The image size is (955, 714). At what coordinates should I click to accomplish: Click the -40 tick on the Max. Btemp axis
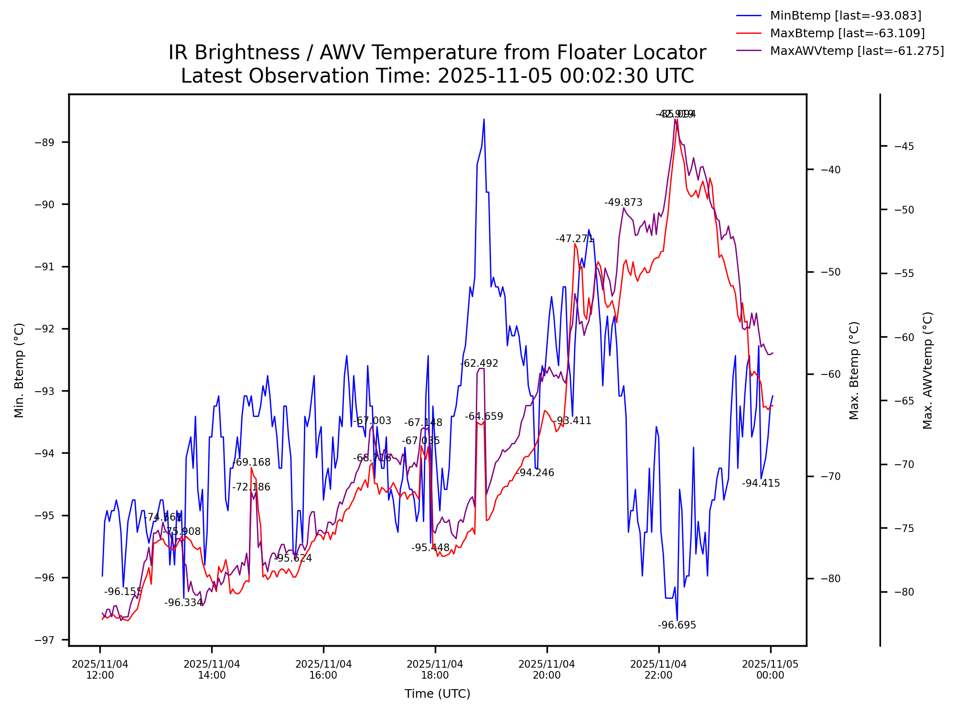coord(831,170)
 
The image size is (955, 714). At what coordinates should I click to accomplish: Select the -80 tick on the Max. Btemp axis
coord(831,579)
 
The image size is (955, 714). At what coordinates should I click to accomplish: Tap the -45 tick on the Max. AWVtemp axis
coord(904,146)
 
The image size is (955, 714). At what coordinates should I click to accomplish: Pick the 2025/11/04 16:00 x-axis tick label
coord(323,670)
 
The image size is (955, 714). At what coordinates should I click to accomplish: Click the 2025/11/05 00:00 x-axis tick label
coord(770,670)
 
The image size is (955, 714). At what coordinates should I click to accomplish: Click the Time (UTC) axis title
coord(437,694)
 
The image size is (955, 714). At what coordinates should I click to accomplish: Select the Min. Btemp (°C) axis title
coord(19,370)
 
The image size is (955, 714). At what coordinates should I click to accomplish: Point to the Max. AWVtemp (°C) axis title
coord(928,370)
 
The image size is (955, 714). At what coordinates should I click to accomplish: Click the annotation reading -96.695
coord(676,625)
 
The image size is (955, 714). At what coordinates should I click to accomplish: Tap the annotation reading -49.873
coord(623,202)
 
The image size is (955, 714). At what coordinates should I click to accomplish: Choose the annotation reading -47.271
coord(574,239)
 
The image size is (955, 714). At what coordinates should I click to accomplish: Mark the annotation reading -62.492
coord(479,363)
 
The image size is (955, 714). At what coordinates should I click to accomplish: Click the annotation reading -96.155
coord(123,592)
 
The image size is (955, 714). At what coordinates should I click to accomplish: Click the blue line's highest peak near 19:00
coord(483,119)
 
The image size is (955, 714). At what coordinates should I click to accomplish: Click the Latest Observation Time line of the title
coord(437,76)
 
